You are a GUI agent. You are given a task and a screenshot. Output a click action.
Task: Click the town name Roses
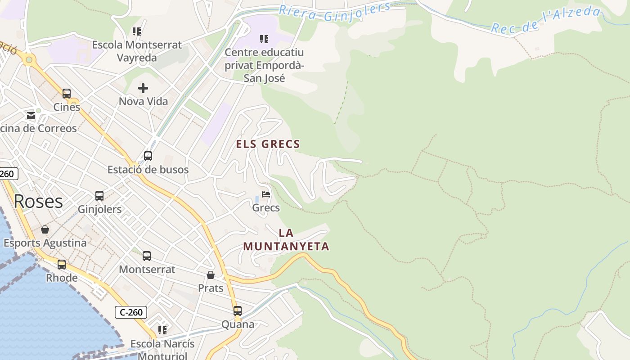coord(38,201)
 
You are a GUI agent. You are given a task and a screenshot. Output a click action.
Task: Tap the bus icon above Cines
coord(67,94)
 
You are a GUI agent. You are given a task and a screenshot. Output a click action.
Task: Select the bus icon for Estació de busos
coord(148,156)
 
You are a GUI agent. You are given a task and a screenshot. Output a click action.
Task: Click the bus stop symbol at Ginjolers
coord(99,196)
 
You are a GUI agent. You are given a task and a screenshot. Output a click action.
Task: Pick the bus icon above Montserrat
coord(147,256)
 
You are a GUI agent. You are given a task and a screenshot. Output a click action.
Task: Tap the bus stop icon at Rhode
coord(62,264)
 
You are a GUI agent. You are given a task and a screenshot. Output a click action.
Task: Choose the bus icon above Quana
coord(237,310)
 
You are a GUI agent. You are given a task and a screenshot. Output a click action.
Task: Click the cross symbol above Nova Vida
coord(143,88)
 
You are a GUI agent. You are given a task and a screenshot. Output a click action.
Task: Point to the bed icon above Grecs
coord(266,194)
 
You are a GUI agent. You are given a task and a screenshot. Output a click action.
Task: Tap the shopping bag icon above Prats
coord(211,274)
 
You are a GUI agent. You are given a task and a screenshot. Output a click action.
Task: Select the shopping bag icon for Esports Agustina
coord(45,229)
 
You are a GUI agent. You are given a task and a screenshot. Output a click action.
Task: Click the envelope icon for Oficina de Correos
coord(31,116)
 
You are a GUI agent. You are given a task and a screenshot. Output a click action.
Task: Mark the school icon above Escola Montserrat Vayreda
coord(137,31)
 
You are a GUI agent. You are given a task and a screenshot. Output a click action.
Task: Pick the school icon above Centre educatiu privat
coord(264,39)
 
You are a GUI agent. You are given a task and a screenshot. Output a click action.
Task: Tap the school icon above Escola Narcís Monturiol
coord(162,330)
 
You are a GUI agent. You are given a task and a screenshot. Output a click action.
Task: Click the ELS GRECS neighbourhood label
coord(268,144)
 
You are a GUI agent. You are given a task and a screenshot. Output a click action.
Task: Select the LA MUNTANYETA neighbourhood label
coord(286,239)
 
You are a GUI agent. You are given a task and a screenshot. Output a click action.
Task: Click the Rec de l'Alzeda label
coord(545,21)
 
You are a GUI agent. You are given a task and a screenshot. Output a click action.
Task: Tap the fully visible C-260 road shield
coord(131,312)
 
